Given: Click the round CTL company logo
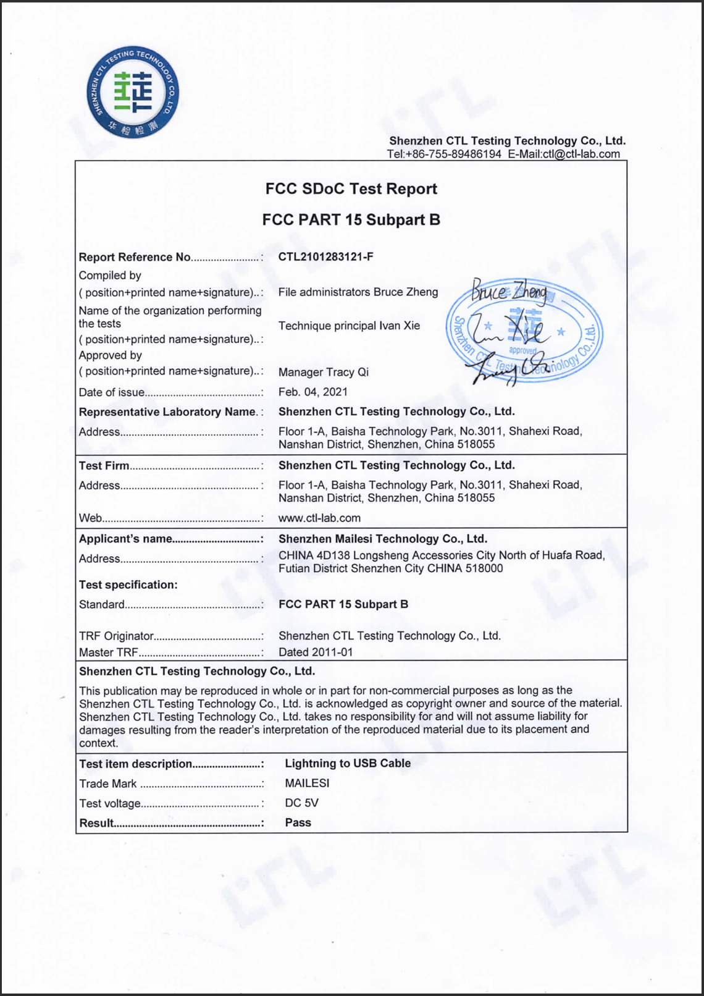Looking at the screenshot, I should click(x=133, y=92).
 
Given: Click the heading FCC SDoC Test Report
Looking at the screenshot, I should click(x=351, y=189).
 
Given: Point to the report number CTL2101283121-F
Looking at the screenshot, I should click(x=325, y=257).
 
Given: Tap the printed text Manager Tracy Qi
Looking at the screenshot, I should click(x=323, y=372).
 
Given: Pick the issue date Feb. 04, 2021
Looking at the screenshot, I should click(x=312, y=392).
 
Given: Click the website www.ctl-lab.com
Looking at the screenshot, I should click(x=319, y=518).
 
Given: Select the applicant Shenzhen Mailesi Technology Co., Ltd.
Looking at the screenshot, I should click(x=383, y=539).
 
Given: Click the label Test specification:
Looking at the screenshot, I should click(x=128, y=585).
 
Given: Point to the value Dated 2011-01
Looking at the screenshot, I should click(x=316, y=652).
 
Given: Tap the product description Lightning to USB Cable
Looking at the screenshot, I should click(x=348, y=764).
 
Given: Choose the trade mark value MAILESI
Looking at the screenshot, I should click(x=307, y=783).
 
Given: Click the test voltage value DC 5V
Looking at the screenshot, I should click(x=301, y=803).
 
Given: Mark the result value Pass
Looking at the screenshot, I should click(x=298, y=823).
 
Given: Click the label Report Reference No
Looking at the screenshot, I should click(x=135, y=257).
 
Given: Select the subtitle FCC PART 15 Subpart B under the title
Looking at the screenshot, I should click(x=351, y=220).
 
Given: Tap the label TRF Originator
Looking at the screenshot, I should click(x=116, y=636).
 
